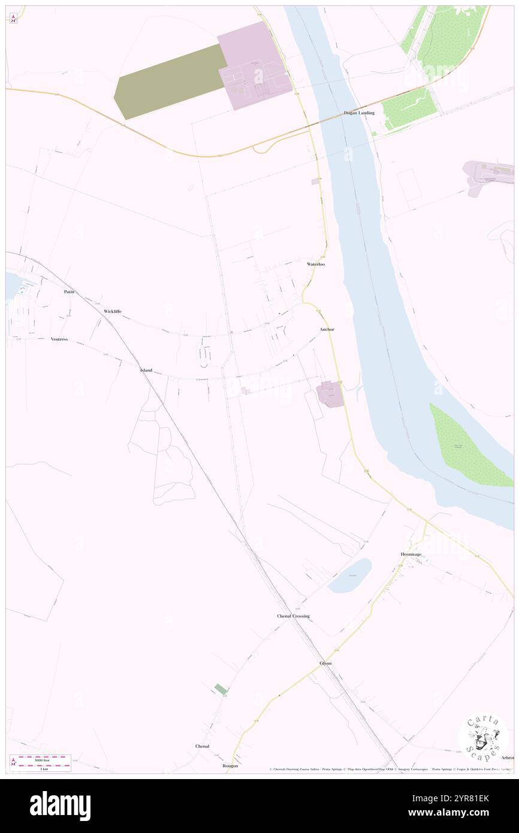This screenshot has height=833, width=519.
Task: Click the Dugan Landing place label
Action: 359,113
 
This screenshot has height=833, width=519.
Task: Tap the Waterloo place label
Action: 316,264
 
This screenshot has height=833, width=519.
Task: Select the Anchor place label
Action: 327,330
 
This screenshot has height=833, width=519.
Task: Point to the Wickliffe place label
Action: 112,312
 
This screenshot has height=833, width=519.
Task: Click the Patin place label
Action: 69,291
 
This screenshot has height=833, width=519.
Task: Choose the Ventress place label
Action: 59,339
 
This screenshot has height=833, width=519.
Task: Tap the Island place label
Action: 146,370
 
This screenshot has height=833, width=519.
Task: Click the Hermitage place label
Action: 411,554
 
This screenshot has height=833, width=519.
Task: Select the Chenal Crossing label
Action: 293,616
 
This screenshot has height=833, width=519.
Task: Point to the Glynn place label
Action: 325,663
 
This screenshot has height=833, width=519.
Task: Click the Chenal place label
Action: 202,746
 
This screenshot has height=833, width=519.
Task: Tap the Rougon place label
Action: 230,766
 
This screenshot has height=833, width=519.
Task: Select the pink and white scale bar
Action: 41,762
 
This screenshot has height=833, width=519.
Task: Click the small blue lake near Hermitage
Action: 350,575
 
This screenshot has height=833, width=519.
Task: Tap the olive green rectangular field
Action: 170,82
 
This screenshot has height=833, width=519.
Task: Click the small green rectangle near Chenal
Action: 221,689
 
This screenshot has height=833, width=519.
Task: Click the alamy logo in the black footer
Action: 60,806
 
